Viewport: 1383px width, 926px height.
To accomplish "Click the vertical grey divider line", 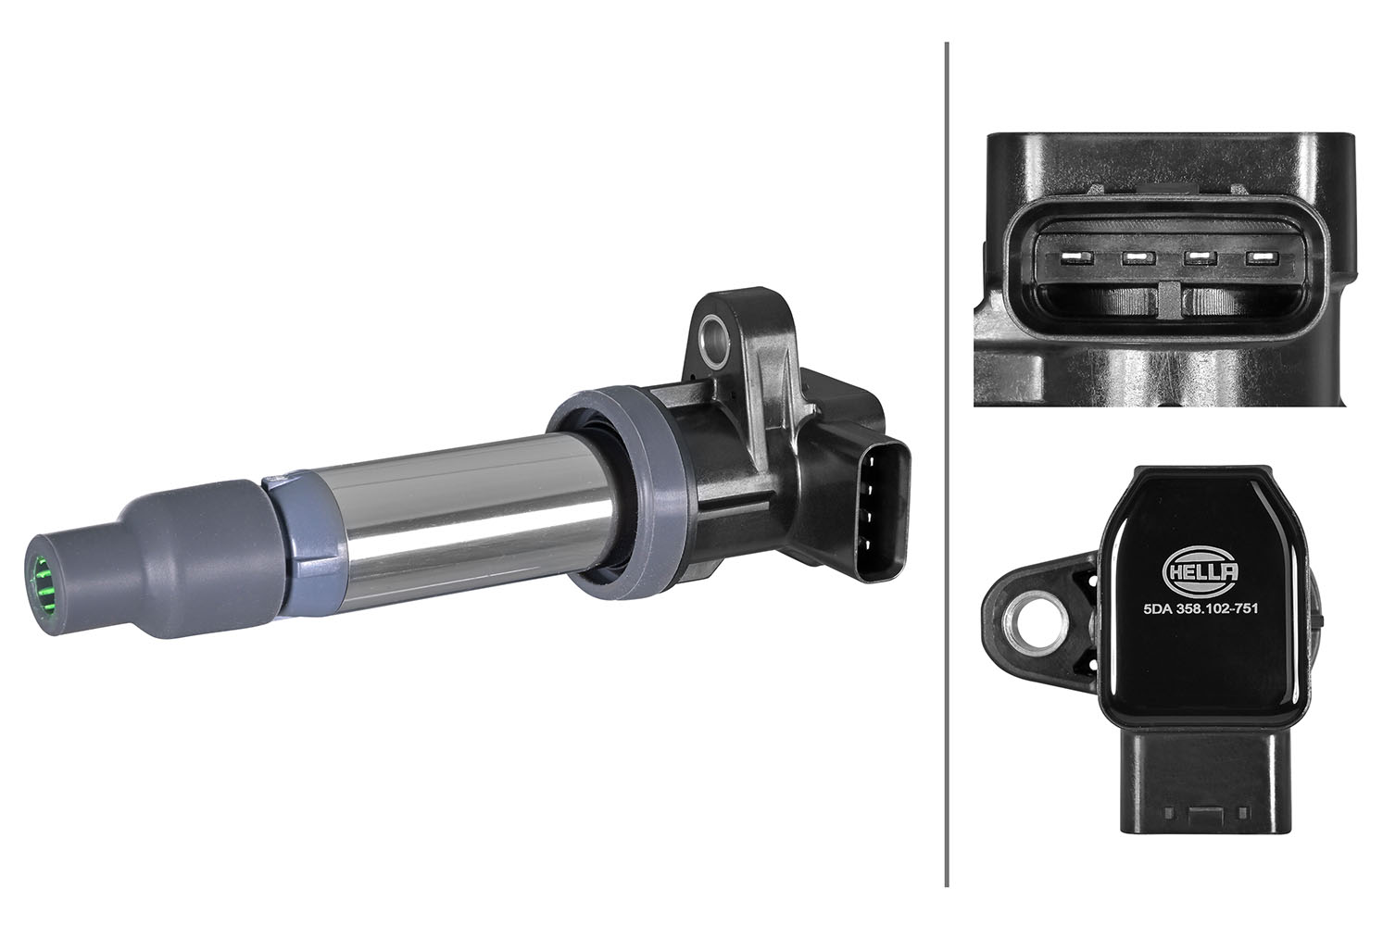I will point(946,463).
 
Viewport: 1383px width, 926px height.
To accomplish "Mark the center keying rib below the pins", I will point(1169,301).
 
